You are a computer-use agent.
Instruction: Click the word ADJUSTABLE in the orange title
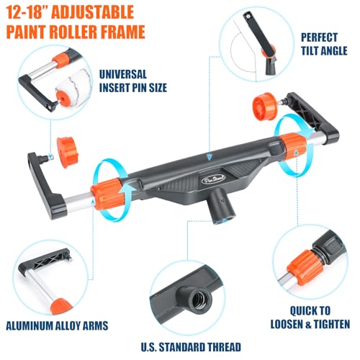tap(93, 13)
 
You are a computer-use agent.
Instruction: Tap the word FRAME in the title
tap(121, 32)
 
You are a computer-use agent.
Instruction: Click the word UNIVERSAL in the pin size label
tap(122, 74)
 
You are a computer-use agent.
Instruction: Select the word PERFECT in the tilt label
tap(319, 37)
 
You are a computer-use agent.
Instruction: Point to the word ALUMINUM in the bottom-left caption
tap(30, 325)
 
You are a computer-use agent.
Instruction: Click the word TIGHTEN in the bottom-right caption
tap(332, 325)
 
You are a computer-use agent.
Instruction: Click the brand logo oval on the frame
tap(214, 179)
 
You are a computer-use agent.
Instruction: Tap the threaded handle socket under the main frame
tap(220, 206)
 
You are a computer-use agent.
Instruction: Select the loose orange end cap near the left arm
tap(66, 152)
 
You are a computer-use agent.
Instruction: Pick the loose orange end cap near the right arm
tap(265, 107)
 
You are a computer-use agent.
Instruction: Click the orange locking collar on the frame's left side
tap(107, 194)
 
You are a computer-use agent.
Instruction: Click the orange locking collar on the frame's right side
tap(293, 145)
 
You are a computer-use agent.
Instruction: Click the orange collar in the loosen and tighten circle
tap(305, 267)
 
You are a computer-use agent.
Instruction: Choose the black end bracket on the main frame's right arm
tap(312, 117)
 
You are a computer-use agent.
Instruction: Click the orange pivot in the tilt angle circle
tap(269, 52)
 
